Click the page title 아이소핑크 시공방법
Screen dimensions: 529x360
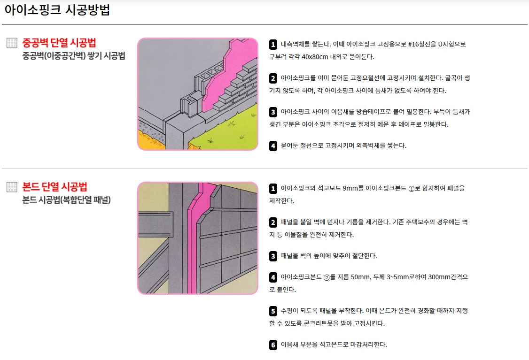tap(57, 10)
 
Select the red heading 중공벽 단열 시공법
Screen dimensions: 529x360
tap(59, 43)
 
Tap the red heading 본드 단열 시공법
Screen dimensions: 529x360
tap(54, 187)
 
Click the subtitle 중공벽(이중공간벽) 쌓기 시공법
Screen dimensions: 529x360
tap(74, 55)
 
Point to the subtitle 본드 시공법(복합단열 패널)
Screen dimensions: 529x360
tap(66, 199)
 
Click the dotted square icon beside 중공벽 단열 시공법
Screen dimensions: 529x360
tap(12, 43)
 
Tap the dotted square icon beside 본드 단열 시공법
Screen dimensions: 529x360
tap(12, 187)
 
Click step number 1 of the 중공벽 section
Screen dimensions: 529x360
tap(273, 45)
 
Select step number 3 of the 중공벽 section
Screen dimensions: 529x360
tap(273, 112)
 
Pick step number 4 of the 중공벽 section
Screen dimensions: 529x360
tap(273, 146)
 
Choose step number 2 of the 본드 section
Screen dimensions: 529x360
tap(273, 222)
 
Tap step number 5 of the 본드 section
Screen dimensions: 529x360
tap(273, 311)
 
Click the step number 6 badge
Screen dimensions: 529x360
tap(273, 345)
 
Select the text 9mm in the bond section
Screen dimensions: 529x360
tap(350, 188)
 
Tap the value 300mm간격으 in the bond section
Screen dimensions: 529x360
tap(448, 277)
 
